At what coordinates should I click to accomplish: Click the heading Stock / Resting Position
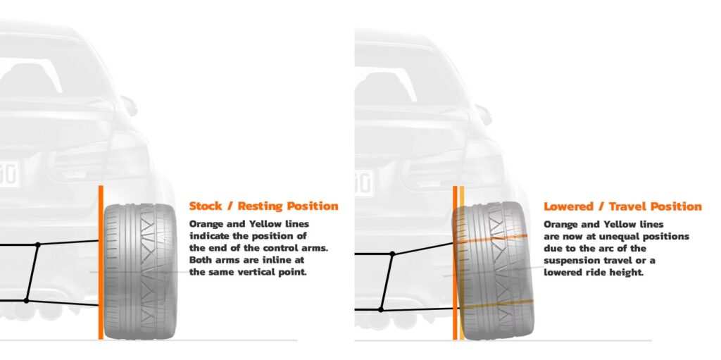[x=263, y=206]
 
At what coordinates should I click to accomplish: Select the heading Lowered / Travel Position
[x=622, y=206]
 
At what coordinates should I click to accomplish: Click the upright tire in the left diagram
[x=140, y=271]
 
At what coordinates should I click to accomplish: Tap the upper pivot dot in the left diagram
[x=39, y=244]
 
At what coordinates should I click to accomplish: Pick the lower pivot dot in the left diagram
[x=26, y=300]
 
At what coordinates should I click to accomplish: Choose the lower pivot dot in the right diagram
[x=381, y=309]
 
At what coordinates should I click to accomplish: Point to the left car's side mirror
[x=129, y=105]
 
